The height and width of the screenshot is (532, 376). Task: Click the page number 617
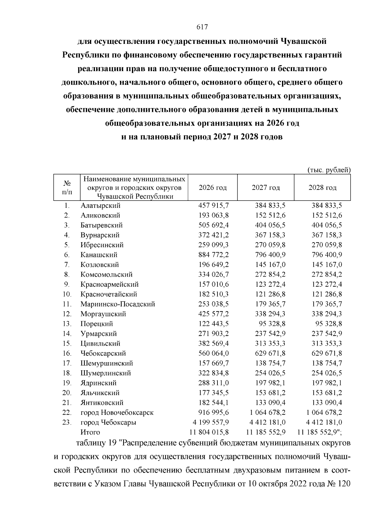point(202,27)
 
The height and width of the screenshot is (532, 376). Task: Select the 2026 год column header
point(213,188)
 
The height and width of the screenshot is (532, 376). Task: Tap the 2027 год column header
point(266,188)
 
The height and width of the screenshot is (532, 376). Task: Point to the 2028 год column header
point(322,188)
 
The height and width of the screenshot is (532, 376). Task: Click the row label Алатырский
point(100,206)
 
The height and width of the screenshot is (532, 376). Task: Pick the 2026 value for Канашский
point(214,255)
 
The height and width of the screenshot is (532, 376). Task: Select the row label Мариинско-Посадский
point(118,304)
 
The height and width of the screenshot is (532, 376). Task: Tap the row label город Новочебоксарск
point(117,412)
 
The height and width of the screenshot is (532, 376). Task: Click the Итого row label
point(90,432)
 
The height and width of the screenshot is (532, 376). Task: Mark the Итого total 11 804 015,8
point(209,432)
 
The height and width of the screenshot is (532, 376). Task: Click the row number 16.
point(67,353)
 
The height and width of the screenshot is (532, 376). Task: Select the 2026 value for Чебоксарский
point(214,353)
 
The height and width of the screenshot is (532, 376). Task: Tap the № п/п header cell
point(67,187)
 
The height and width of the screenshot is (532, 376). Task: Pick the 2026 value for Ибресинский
point(214,245)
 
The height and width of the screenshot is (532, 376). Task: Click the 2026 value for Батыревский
point(214,225)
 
